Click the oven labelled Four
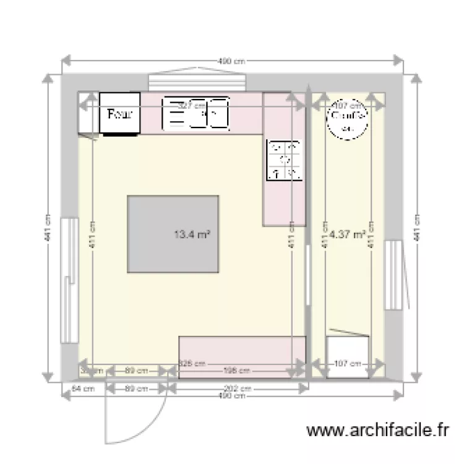click(x=119, y=114)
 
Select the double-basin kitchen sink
click(x=195, y=114)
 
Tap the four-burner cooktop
click(x=285, y=161)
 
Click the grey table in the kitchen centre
click(x=173, y=234)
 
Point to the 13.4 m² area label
click(x=192, y=234)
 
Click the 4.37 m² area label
click(x=347, y=234)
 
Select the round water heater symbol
click(x=347, y=119)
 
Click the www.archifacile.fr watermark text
click(x=377, y=430)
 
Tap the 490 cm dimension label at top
click(x=232, y=61)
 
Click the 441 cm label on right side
click(x=418, y=228)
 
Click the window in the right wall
click(x=392, y=275)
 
